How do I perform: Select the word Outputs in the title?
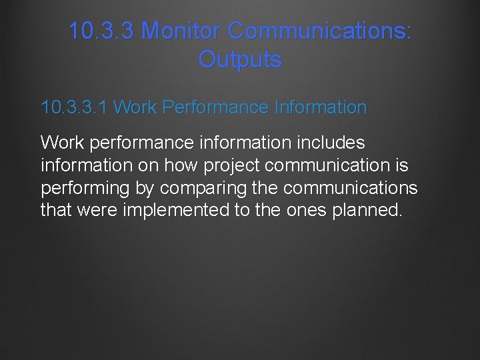pos(240,59)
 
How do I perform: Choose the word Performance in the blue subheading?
pos(216,107)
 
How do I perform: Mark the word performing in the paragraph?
pos(85,188)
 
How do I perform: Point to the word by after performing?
pos(145,188)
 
